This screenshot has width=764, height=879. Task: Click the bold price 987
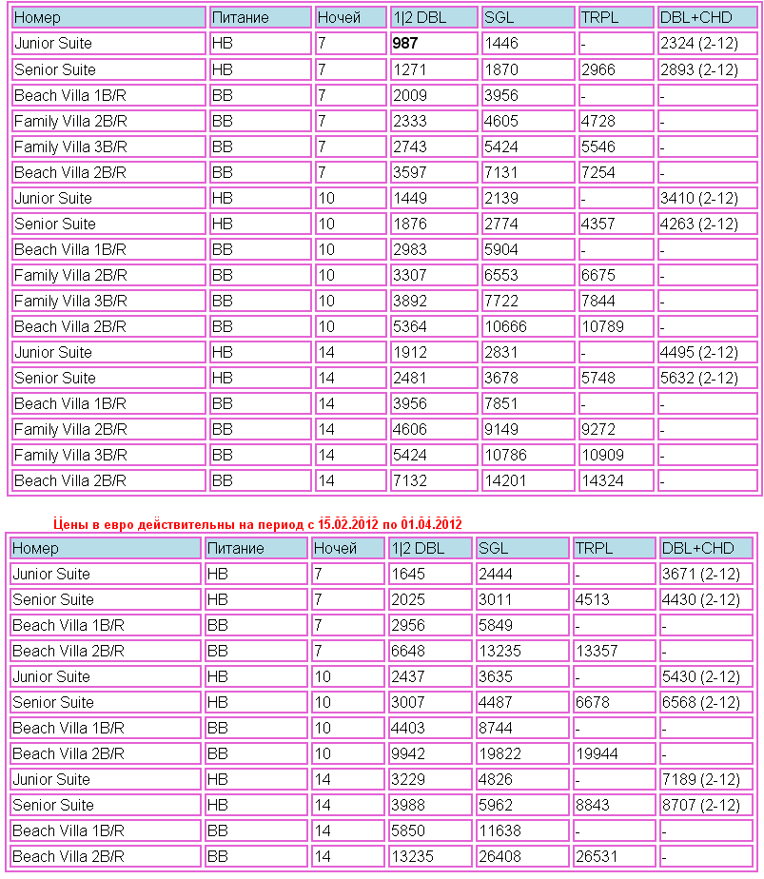(405, 44)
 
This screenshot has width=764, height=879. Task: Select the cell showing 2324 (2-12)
(698, 44)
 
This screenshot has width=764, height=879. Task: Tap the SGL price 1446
(501, 44)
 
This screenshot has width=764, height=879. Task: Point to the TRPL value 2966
(598, 69)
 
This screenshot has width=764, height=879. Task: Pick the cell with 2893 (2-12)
(698, 69)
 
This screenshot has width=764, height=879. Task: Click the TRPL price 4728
(598, 121)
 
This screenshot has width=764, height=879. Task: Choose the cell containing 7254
(598, 172)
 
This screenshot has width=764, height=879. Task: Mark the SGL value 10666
(505, 326)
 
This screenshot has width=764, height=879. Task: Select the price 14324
(602, 480)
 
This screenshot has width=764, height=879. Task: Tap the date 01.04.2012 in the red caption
(431, 523)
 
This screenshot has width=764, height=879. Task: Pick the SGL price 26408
(500, 856)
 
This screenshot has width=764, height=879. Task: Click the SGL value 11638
(500, 830)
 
